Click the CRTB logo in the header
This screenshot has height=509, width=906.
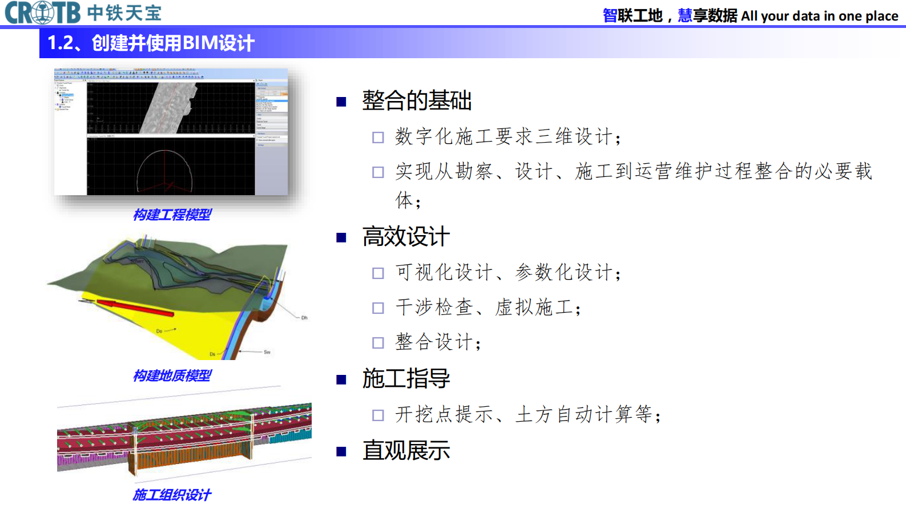pos(43,13)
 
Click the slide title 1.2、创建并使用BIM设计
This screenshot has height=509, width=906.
pos(151,43)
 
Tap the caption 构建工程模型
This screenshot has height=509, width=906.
pos(172,215)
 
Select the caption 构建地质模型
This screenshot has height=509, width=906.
pos(172,375)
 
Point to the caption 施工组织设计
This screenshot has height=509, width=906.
pos(172,495)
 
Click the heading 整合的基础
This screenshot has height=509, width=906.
pos(417,101)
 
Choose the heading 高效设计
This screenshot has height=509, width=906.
pos(406,237)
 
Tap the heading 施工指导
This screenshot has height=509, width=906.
pos(406,378)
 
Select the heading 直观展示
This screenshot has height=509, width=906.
pos(406,451)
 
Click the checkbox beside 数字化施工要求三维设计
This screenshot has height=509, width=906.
pos(378,138)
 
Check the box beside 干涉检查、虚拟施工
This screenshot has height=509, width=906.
pos(378,308)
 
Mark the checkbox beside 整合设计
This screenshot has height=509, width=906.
pos(378,343)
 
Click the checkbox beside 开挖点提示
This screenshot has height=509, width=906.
pos(378,415)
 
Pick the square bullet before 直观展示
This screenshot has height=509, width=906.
pos(341,452)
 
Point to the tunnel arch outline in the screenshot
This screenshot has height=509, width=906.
pos(164,165)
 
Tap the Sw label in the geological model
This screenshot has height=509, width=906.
pos(267,352)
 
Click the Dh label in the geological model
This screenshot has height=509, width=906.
pos(304,318)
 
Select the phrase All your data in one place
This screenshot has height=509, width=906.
pos(819,16)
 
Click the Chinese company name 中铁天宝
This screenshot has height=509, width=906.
pos(124,13)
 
